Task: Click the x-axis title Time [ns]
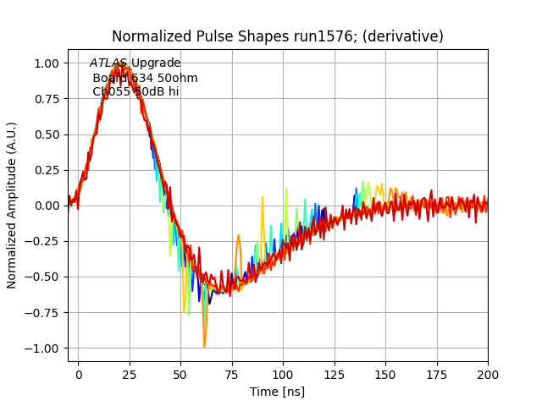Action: [277, 392]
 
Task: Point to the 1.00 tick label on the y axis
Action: [47, 63]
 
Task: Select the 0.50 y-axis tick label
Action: [47, 134]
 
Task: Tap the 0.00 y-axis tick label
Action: [47, 206]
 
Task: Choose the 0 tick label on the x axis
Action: [79, 374]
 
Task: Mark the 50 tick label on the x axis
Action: [180, 374]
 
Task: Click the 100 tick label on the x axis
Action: [283, 374]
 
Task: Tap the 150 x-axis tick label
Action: [385, 374]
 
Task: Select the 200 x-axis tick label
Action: [487, 374]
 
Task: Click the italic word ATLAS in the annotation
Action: [108, 63]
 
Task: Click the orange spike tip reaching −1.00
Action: [204, 347]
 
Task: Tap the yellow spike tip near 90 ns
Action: [263, 198]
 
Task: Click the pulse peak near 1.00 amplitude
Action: [124, 63]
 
